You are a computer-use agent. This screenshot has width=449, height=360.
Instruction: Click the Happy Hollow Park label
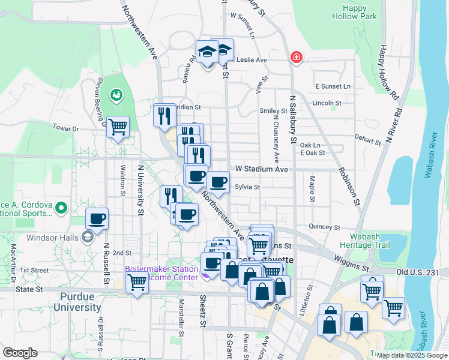pos(359,12)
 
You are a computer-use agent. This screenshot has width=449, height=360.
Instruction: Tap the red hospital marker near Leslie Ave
pos(296,58)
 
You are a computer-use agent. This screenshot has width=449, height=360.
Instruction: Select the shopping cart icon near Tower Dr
pos(118,127)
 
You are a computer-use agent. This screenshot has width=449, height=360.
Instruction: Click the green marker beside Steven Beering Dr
pos(115,95)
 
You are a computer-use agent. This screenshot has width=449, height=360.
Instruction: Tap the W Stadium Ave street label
pos(261,170)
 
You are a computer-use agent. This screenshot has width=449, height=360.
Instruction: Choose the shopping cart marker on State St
pos(137,281)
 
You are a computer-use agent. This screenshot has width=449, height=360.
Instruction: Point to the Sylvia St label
pos(247,187)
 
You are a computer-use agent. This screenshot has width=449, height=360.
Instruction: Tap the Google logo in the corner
pos(20,353)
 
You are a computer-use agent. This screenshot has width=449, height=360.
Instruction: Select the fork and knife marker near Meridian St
pos(164,115)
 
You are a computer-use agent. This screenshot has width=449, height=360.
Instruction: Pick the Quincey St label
pos(325,227)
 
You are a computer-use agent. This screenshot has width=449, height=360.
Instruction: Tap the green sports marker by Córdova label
pos(60,208)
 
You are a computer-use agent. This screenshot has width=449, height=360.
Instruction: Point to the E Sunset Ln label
pos(333,86)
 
